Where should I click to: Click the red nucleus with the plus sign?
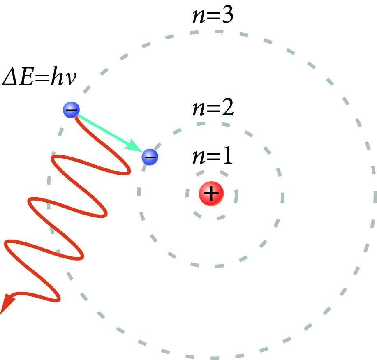coord(211,194)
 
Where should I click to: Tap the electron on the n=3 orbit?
coord(71,110)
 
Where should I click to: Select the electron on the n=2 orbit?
coord(150,157)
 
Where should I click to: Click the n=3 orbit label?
coord(213,15)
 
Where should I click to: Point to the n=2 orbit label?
coord(213,109)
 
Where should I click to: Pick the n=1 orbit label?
coord(212,157)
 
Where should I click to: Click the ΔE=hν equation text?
coord(39,77)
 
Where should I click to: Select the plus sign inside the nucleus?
coord(211,194)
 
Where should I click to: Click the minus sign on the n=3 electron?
coord(71,110)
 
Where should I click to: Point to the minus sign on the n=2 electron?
coord(150,157)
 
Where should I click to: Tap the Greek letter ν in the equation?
coord(70,78)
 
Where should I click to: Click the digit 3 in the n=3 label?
coord(227,15)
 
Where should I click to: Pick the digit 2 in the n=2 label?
coord(227,109)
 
